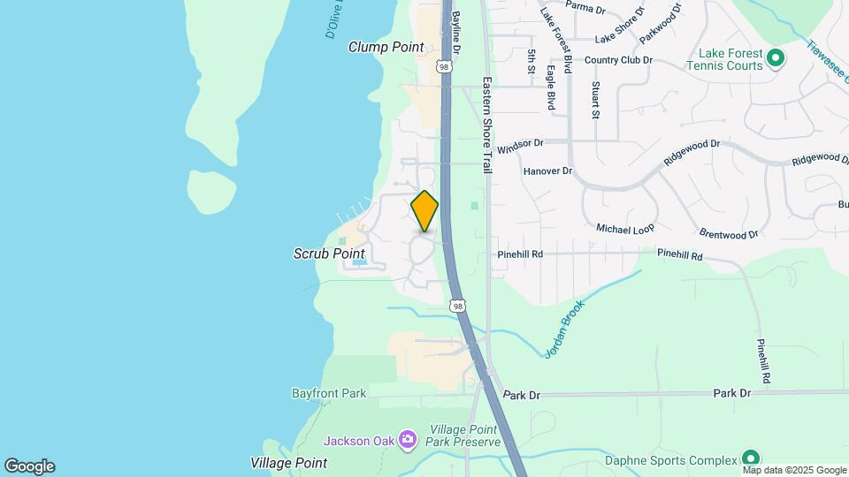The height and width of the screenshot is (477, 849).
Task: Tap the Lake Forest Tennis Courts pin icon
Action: (x=776, y=59)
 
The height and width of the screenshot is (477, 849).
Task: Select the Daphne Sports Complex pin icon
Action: (x=751, y=458)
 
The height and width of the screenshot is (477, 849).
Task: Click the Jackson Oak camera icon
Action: (x=407, y=439)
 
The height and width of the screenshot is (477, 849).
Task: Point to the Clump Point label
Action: (x=386, y=47)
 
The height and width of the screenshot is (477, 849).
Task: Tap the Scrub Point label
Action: (x=329, y=254)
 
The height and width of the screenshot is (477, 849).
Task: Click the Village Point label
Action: (x=288, y=463)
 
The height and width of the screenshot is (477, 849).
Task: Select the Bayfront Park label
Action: (x=329, y=392)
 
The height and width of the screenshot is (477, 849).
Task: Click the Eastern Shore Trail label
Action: (x=486, y=124)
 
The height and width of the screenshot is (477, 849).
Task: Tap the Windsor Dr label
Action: (x=520, y=142)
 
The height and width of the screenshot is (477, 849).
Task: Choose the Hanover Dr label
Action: (x=547, y=170)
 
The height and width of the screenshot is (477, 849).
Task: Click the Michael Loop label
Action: (x=625, y=228)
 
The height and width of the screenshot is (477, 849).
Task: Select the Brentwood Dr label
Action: (x=729, y=235)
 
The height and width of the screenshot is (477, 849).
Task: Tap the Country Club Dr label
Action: (x=617, y=60)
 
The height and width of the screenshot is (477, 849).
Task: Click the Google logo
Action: (x=29, y=466)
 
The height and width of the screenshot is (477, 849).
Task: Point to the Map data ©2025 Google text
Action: (x=793, y=470)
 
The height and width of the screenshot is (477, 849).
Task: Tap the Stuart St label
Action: (x=596, y=100)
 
